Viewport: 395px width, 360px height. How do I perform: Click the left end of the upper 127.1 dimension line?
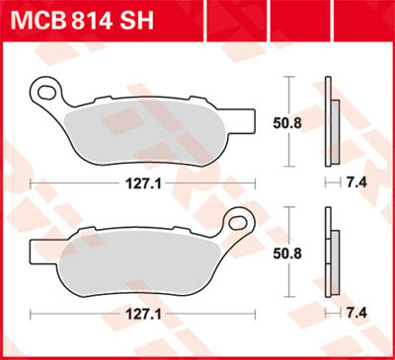click(32, 182)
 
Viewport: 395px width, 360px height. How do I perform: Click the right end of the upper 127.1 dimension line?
click(254, 182)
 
